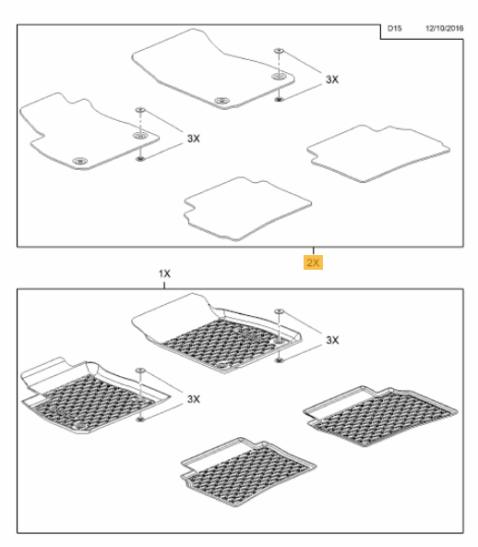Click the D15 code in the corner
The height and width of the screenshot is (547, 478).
coord(394,29)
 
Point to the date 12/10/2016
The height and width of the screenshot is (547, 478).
coord(444,29)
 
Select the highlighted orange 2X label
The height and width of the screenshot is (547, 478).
coord(313,262)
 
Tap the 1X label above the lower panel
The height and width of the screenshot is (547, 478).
coord(164,273)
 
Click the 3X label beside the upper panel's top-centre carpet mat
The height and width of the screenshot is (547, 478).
coord(332,79)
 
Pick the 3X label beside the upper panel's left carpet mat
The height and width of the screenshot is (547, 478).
coord(194,139)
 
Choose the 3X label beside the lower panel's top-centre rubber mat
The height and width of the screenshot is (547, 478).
coord(332,340)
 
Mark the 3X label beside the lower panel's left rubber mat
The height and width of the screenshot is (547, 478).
coord(194,399)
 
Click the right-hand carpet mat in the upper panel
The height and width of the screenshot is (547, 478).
coord(378,153)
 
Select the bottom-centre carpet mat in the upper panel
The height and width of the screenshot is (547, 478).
coord(247,209)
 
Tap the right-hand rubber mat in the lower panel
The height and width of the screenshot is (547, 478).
coord(380,416)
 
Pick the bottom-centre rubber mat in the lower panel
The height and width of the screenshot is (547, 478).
coord(248,471)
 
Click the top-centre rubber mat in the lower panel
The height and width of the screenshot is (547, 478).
coord(216,334)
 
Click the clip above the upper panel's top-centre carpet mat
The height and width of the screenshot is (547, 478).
coord(279,51)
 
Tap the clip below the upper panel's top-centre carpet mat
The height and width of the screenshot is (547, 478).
coord(279,100)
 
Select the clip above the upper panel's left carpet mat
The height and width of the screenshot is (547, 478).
coord(140,110)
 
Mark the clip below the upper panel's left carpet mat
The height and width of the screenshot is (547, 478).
coord(139,159)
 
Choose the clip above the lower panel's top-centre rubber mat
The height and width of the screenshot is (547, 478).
coord(279,311)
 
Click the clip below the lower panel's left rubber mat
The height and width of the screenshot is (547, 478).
coord(140,419)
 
